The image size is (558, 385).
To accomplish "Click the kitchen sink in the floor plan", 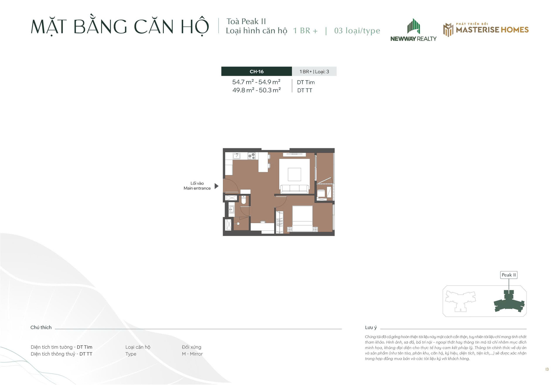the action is click(237, 156).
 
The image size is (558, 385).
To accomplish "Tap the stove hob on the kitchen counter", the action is click(251, 156).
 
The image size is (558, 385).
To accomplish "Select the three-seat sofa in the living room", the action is click(295, 189).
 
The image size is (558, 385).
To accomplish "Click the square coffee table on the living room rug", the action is click(294, 174).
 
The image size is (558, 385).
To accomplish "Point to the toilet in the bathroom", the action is click(244, 200).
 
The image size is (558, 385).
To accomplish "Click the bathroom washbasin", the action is click(231, 209).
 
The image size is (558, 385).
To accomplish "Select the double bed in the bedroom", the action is click(303, 219).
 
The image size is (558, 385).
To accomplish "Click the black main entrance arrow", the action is click(216, 186).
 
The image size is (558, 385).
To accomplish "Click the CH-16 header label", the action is click(257, 71).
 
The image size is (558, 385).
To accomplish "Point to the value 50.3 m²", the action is click(270, 90).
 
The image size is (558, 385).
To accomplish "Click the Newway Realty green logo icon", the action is click(414, 26).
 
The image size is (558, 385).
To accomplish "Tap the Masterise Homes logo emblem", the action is click(448, 30).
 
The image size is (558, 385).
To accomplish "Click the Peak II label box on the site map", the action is click(509, 275).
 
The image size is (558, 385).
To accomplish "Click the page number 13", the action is click(547, 369).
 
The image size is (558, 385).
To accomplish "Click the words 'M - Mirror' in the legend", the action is click(192, 354).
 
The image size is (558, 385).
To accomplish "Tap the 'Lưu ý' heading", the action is click(371, 327).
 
